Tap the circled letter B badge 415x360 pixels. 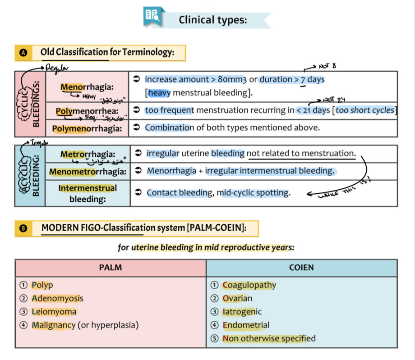(x=23, y=228)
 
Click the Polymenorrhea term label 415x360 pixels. (x=87, y=111)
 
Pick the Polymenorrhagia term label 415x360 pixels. (x=87, y=128)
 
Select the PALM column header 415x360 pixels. (x=111, y=268)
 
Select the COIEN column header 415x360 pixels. (x=301, y=268)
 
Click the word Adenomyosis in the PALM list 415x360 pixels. (x=57, y=298)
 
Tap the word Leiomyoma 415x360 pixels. (x=54, y=311)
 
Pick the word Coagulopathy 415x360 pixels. (x=249, y=285)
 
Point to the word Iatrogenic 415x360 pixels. (x=242, y=311)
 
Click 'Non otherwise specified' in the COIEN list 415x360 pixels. (x=269, y=338)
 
